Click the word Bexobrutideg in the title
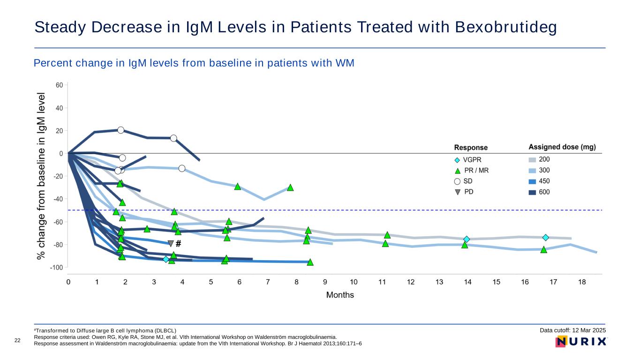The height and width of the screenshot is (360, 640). pyautogui.click(x=506, y=28)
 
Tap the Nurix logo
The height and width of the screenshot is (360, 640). pyautogui.click(x=581, y=341)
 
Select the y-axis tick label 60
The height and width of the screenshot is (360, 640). pyautogui.click(x=60, y=85)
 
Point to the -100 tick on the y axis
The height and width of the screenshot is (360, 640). pyautogui.click(x=57, y=268)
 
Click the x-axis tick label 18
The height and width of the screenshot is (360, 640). pyautogui.click(x=582, y=282)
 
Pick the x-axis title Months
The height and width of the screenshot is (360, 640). pyautogui.click(x=340, y=295)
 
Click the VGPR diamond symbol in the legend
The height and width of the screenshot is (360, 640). pyautogui.click(x=457, y=160)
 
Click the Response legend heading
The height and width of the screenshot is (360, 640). pyautogui.click(x=471, y=148)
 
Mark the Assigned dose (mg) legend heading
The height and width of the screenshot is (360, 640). pyautogui.click(x=562, y=147)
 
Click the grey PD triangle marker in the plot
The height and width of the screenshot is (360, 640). pyautogui.click(x=171, y=243)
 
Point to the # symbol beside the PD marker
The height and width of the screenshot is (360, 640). pyautogui.click(x=179, y=243)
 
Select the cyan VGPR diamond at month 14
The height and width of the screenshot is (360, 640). pyautogui.click(x=467, y=239)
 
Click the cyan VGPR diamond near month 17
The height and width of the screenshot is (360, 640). pyautogui.click(x=546, y=238)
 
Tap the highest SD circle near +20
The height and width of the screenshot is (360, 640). pyautogui.click(x=120, y=130)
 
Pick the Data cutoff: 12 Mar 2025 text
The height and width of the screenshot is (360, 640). pyautogui.click(x=573, y=330)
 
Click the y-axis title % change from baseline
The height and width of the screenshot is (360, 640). pyautogui.click(x=42, y=176)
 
